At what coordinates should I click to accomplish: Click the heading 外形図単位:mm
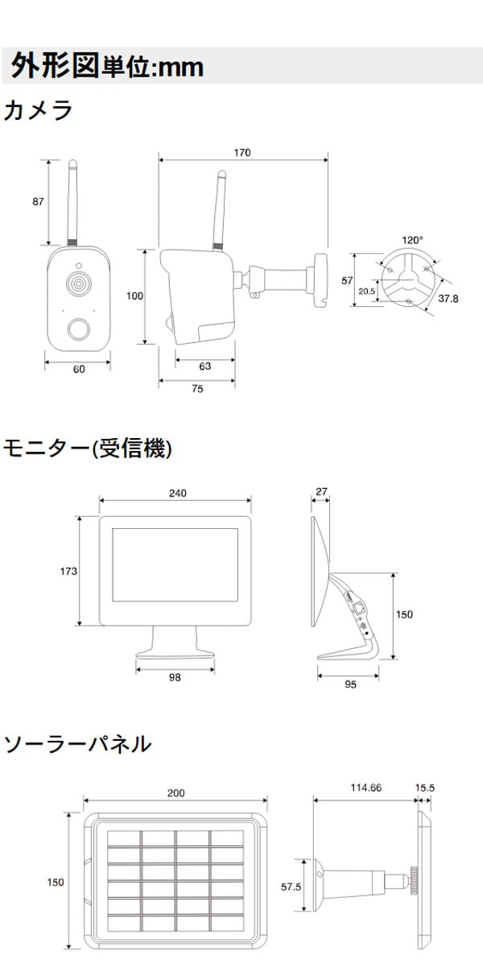(107, 67)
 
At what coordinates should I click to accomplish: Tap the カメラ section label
(38, 110)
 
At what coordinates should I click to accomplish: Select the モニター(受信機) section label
(88, 448)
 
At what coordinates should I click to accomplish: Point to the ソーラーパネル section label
(77, 743)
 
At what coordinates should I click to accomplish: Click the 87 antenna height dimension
(38, 202)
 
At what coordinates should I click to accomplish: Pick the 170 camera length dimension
(242, 152)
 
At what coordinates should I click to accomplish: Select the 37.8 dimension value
(448, 299)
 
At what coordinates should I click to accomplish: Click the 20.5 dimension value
(367, 292)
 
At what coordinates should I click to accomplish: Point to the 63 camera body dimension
(204, 366)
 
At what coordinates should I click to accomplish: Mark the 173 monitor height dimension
(68, 571)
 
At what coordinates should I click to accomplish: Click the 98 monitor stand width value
(175, 677)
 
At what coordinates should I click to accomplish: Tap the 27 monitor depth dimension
(321, 490)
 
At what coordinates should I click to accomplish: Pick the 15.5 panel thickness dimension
(424, 788)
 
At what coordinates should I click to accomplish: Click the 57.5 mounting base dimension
(291, 886)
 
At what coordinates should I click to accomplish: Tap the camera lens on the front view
(77, 284)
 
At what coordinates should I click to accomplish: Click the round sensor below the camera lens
(77, 329)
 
